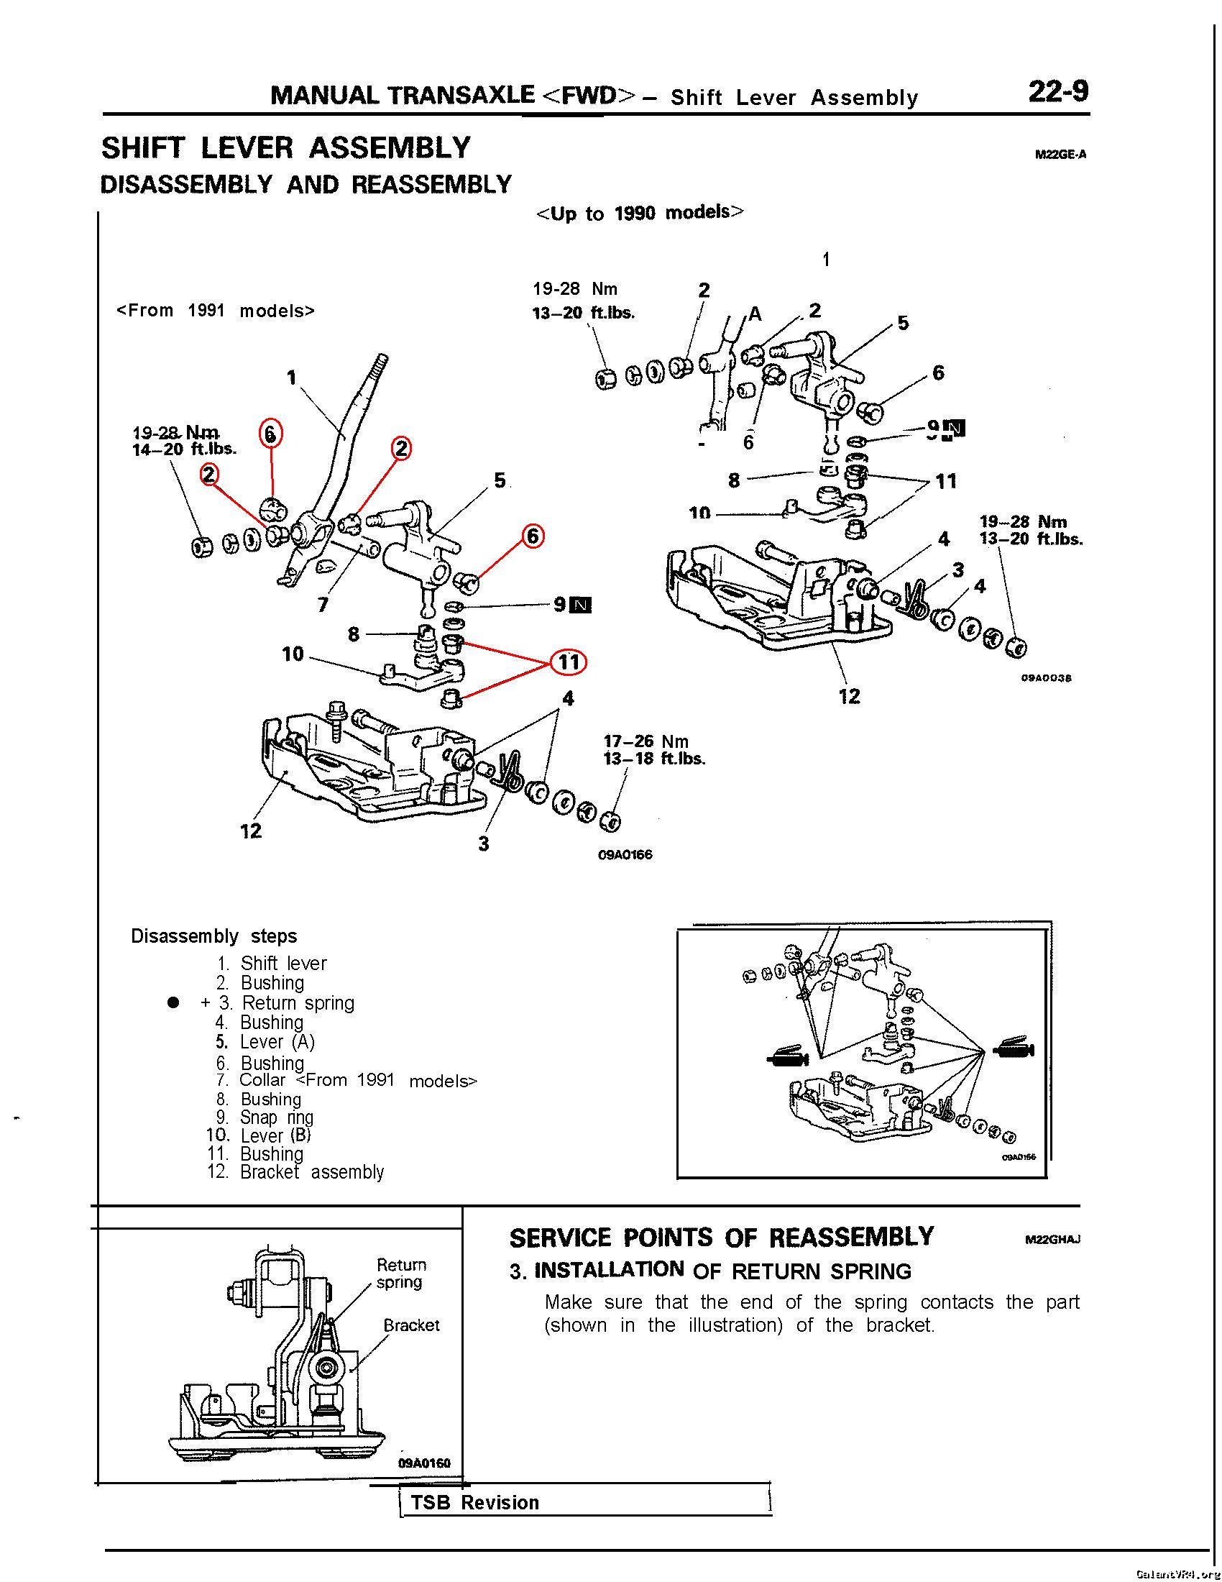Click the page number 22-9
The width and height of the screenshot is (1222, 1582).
pyautogui.click(x=1057, y=93)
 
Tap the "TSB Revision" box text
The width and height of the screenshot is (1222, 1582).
pyautogui.click(x=475, y=1502)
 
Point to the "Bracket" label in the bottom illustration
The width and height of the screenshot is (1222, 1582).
pyautogui.click(x=411, y=1325)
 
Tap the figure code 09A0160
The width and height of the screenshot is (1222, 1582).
pyautogui.click(x=424, y=1463)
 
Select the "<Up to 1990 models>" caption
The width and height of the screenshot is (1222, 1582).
pyautogui.click(x=640, y=213)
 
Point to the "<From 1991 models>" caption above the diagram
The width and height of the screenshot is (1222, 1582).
pyautogui.click(x=216, y=311)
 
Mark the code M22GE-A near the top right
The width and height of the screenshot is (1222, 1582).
pyautogui.click(x=1060, y=155)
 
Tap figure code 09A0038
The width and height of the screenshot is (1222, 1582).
pyautogui.click(x=1045, y=678)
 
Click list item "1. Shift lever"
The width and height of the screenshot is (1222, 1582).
pyautogui.click(x=272, y=963)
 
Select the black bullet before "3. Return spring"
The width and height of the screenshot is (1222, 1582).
pyautogui.click(x=173, y=1002)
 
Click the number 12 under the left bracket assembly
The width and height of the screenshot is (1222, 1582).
pyautogui.click(x=250, y=831)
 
